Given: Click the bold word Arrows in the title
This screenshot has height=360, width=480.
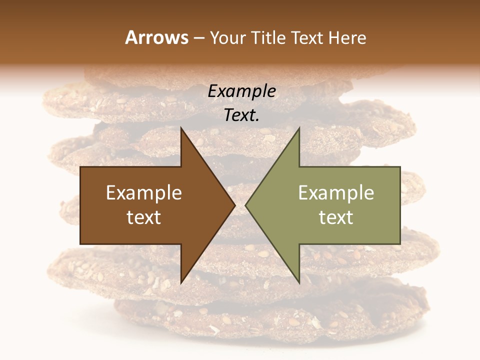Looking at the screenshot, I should tap(157, 37).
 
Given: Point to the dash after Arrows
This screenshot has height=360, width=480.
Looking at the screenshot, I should tap(199, 38).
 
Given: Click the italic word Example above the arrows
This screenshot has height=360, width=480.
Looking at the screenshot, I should tap(241, 91).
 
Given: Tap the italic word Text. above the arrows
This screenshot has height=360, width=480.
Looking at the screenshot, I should tap(241, 115).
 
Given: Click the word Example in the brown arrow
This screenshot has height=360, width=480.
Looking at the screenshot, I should tap(144, 193).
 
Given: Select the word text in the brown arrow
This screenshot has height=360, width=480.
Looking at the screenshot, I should tap(144, 217).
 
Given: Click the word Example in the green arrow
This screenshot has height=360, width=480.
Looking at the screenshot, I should tap(336, 193).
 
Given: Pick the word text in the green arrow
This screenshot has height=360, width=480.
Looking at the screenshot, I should tap(336, 217).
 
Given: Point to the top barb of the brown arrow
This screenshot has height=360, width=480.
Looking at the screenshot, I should tap(181, 131).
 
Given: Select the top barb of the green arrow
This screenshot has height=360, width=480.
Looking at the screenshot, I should tap(298, 131).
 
